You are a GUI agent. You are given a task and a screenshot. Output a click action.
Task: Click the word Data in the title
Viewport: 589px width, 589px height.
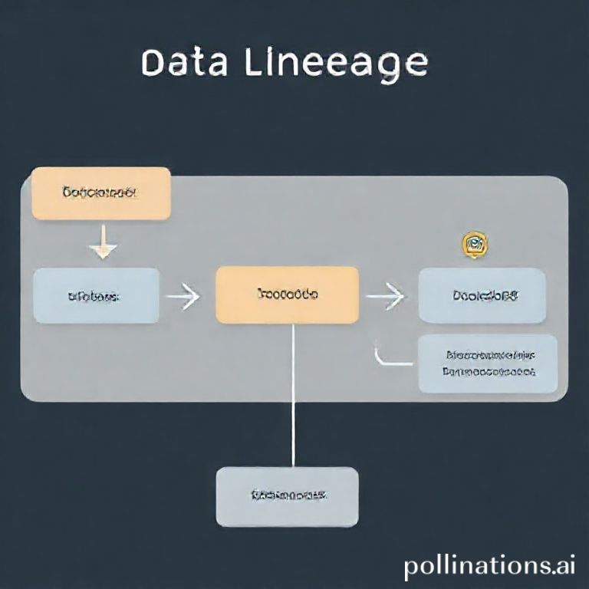tap(185, 64)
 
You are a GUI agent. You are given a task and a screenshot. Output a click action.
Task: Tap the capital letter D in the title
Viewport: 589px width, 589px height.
tap(155, 64)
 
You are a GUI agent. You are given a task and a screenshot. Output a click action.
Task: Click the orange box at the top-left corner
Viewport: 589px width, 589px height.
tap(100, 193)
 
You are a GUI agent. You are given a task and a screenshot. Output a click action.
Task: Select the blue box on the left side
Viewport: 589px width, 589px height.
tap(97, 295)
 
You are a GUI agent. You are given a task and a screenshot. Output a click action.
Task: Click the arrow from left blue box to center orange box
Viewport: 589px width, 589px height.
tap(184, 296)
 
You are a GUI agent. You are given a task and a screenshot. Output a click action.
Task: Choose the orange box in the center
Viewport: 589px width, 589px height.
tap(288, 294)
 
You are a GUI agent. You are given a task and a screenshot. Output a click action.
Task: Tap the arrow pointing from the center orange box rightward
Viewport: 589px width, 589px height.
tap(386, 295)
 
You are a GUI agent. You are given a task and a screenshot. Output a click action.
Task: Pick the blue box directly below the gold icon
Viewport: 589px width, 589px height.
tap(482, 295)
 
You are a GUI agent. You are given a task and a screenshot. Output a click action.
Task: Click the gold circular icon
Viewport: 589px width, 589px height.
tap(475, 244)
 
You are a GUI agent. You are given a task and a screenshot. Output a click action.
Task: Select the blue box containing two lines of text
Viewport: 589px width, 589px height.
tap(488, 364)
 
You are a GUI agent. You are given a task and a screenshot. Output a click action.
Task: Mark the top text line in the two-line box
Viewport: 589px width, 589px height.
tap(490, 355)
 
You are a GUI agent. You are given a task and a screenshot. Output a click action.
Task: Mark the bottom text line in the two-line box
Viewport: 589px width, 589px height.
tap(489, 372)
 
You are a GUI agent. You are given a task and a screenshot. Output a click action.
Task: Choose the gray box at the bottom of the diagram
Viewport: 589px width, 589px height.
tap(287, 496)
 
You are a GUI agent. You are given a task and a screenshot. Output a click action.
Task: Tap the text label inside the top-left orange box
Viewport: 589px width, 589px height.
tap(100, 193)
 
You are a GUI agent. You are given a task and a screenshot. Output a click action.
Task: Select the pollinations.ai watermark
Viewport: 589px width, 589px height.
tap(489, 566)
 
